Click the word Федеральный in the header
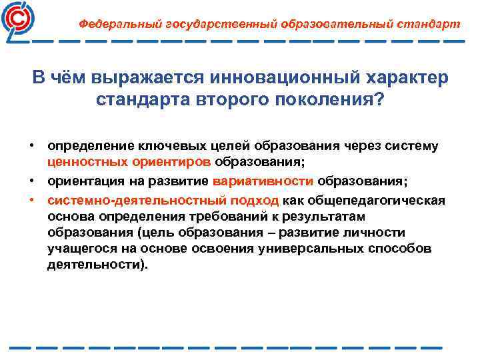pyautogui.click(x=114, y=23)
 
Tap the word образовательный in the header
pyautogui.click(x=313, y=23)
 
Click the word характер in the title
pyautogui.click(x=404, y=78)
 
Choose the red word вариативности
pyautogui.click(x=265, y=181)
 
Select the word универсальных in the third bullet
pyautogui.click(x=307, y=249)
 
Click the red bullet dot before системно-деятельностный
pyautogui.click(x=31, y=199)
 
